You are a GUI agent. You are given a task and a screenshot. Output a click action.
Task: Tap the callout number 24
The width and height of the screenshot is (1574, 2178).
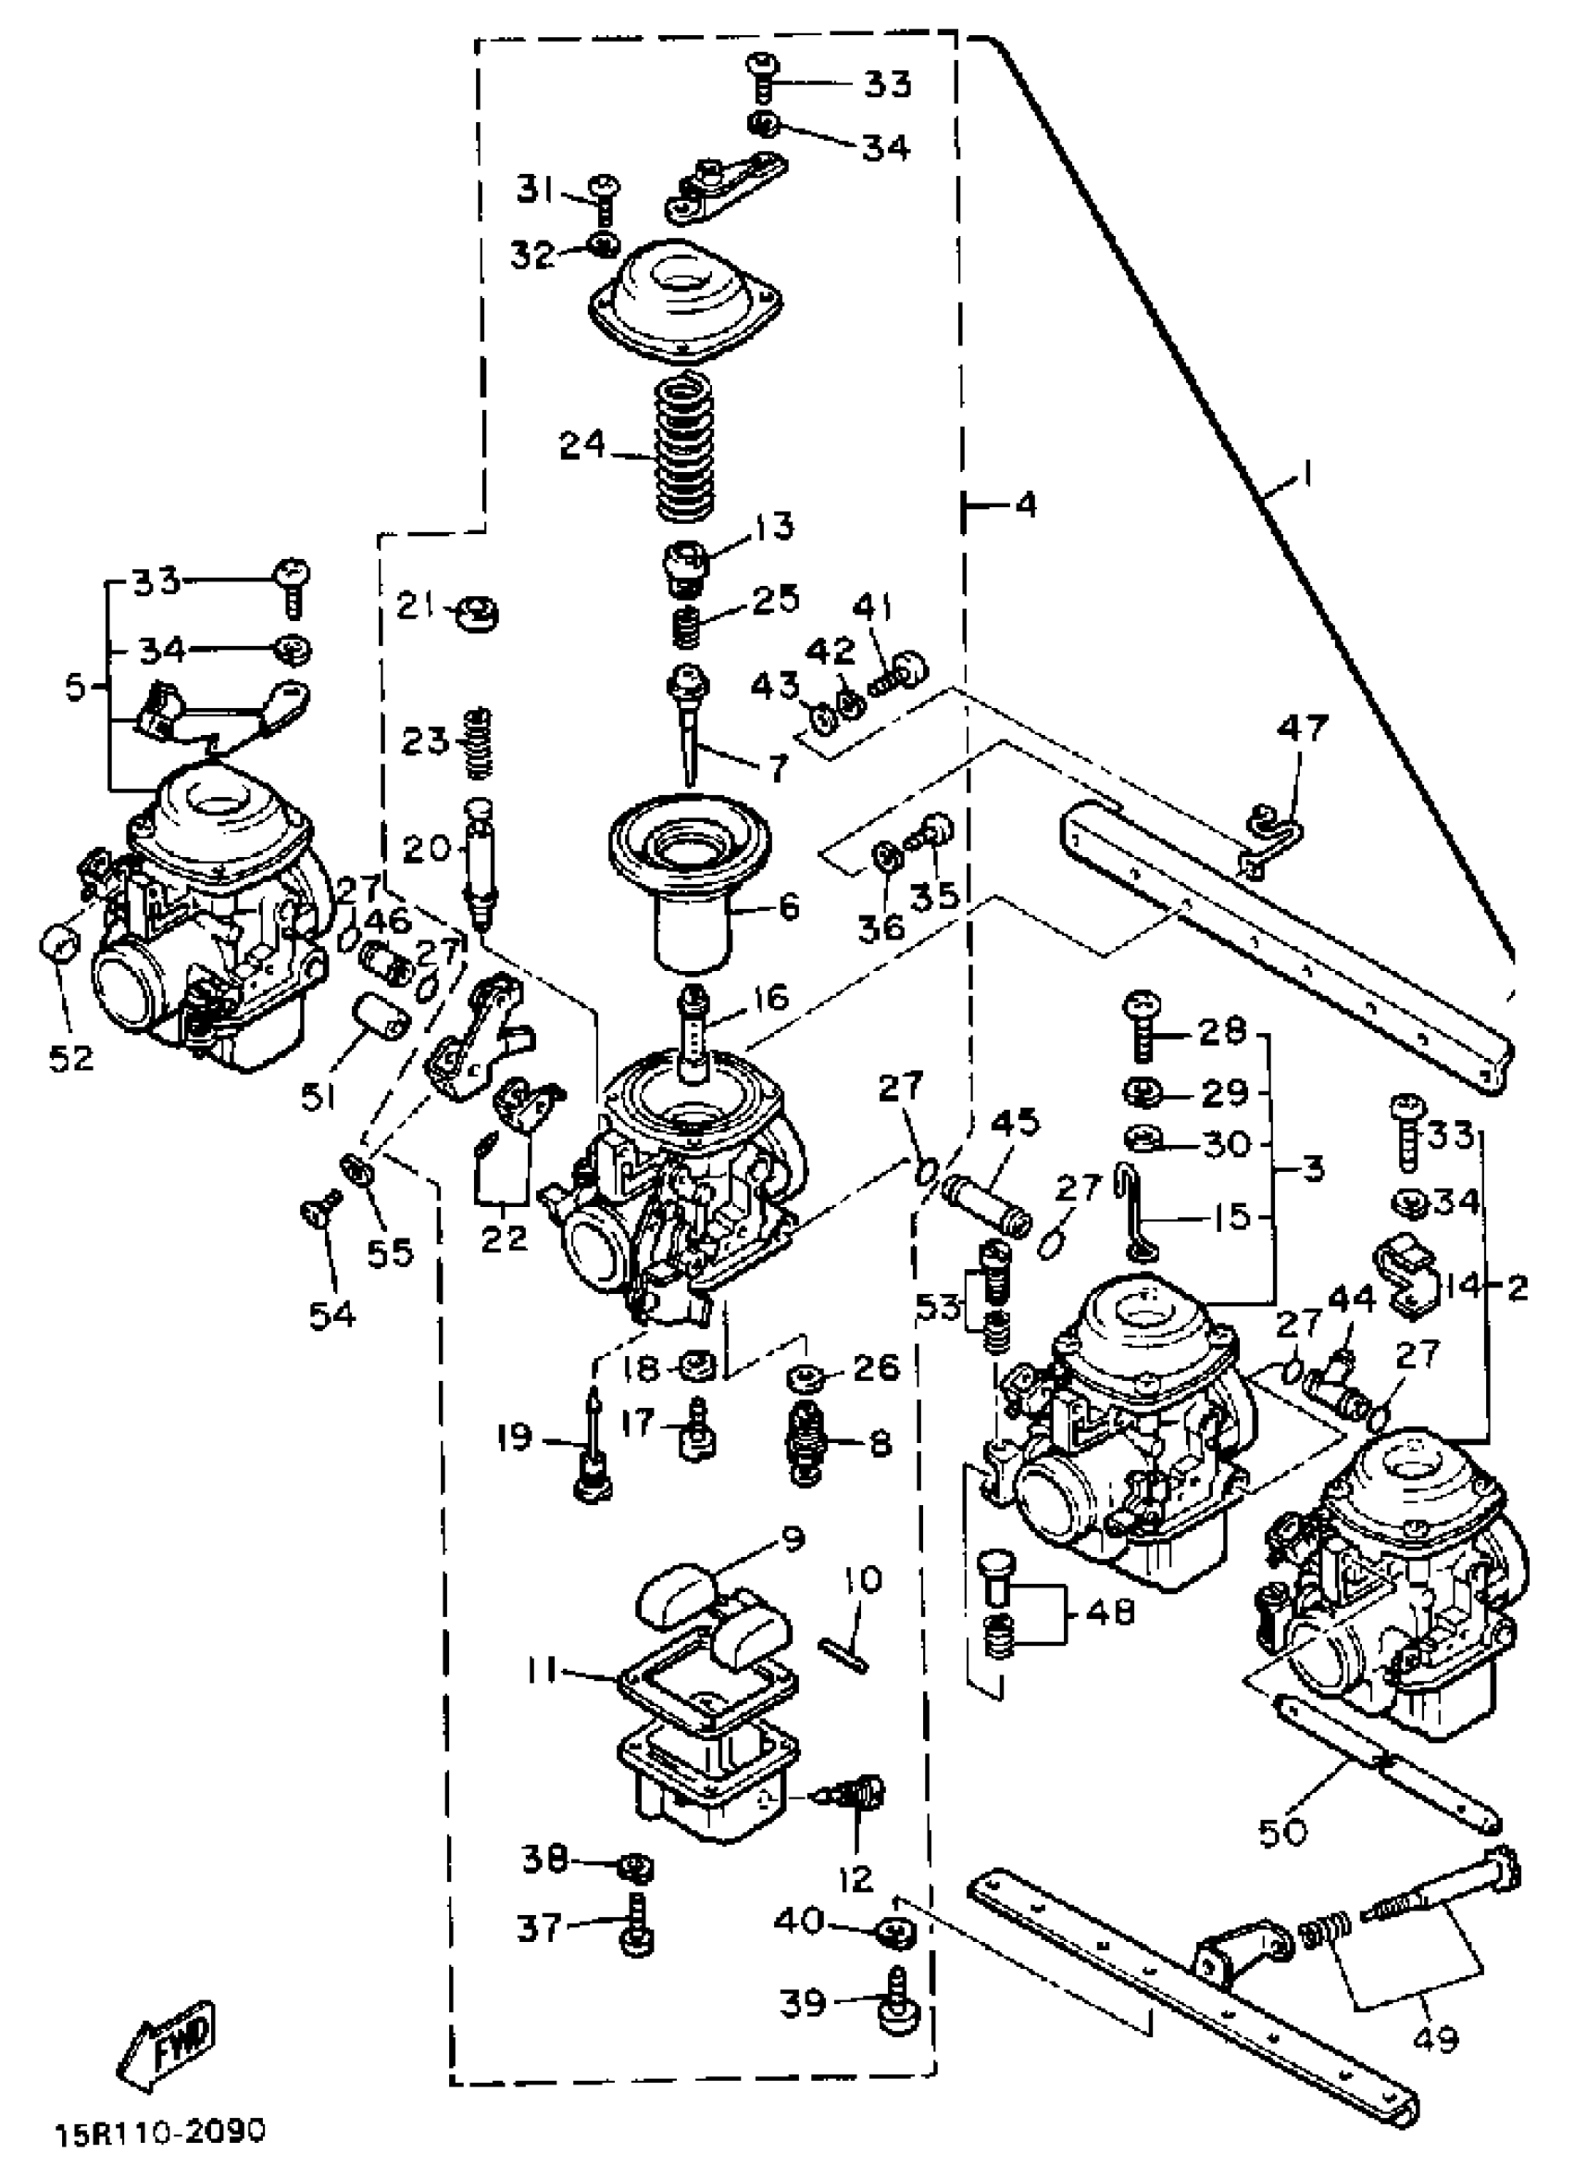(x=583, y=446)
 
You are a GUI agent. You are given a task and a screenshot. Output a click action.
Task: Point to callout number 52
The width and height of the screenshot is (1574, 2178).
(x=71, y=1058)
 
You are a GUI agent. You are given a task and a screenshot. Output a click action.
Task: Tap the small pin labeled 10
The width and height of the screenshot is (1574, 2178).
(x=844, y=1652)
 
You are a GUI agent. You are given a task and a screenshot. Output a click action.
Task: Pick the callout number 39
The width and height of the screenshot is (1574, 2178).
(x=802, y=2003)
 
